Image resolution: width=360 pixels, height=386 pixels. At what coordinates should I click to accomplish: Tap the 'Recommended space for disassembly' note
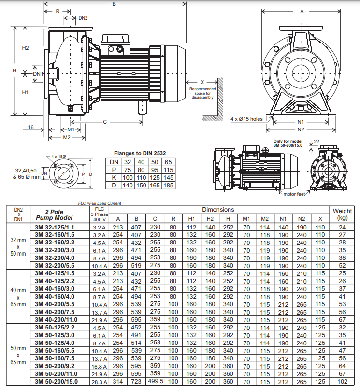(202, 93)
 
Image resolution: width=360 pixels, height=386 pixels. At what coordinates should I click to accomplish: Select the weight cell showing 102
(343, 381)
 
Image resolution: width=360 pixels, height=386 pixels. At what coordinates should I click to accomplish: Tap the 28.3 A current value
(99, 382)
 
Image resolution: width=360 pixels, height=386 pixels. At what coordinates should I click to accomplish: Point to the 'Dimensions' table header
(218, 210)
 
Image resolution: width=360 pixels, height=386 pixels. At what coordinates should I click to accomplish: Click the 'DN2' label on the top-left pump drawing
(83, 18)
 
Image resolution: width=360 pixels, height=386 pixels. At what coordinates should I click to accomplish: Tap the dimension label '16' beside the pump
(31, 127)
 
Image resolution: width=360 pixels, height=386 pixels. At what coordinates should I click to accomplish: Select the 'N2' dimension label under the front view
(301, 129)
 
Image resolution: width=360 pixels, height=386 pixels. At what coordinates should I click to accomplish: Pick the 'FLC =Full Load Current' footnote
(100, 203)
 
